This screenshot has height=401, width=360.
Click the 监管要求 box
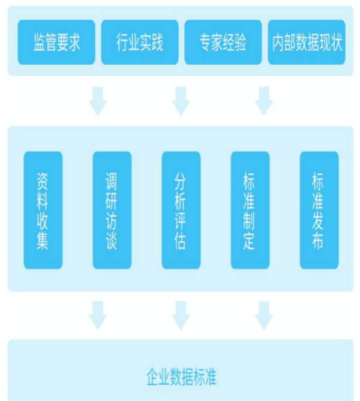tap(56, 42)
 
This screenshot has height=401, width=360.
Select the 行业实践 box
tap(140, 42)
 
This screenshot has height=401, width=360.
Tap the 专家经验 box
tap(223, 42)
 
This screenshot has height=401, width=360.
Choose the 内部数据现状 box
tap(307, 42)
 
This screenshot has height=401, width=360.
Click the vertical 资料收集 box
tap(43, 210)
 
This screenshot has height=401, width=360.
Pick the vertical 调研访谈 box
tap(112, 210)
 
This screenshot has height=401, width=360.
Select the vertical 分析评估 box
tap(181, 210)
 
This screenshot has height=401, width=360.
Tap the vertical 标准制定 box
tap(250, 210)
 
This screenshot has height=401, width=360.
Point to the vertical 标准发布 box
tap(319, 210)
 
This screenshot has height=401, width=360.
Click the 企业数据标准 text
tap(181, 377)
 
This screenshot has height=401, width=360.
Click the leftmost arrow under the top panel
tap(98, 101)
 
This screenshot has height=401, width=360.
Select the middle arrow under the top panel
tap(181, 101)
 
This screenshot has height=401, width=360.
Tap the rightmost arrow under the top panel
tap(264, 101)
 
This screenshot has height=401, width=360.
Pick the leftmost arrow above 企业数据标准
tap(98, 316)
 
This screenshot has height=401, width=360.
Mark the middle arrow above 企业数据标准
tap(181, 316)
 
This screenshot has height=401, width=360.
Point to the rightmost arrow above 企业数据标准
tap(264, 316)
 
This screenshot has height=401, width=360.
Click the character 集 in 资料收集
tap(43, 241)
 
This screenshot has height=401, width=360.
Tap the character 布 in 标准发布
tap(318, 241)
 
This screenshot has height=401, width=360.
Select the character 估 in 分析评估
tap(180, 241)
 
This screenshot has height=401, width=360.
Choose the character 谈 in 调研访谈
tap(111, 241)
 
